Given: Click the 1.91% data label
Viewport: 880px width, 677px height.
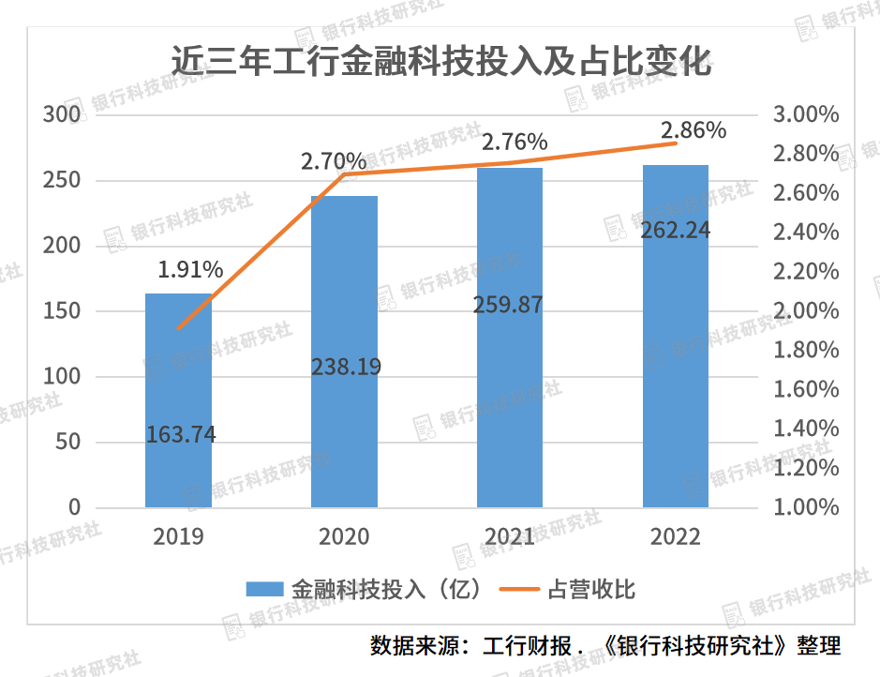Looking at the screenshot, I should click(x=190, y=270).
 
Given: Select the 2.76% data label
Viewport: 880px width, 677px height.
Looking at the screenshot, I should click(x=515, y=143).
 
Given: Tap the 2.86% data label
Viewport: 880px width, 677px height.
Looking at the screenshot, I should click(x=694, y=130).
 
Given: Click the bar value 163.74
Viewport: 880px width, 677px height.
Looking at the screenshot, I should click(x=181, y=434).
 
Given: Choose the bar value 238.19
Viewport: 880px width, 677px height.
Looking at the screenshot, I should click(x=346, y=367).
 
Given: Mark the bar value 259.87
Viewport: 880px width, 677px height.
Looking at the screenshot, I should click(x=510, y=306).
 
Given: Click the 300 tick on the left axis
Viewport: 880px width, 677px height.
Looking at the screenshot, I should click(x=63, y=114).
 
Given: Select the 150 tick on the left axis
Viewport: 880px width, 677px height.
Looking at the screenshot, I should click(x=63, y=311).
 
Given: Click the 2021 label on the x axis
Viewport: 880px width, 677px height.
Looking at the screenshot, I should click(x=510, y=537).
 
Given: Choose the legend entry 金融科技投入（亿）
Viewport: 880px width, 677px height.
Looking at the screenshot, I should click(x=365, y=589).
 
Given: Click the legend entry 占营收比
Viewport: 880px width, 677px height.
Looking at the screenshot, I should click(x=575, y=589).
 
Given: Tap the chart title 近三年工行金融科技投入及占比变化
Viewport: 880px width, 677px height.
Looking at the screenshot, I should click(x=441, y=64).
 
